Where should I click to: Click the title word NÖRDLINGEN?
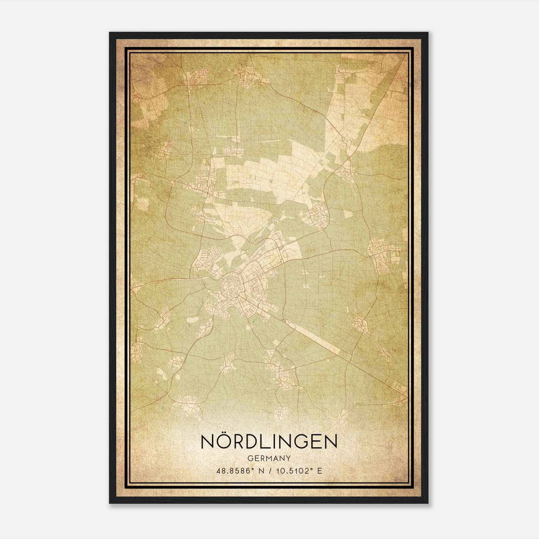pos(269,442)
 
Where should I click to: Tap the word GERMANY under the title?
pos(269,458)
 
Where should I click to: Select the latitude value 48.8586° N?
pos(239,471)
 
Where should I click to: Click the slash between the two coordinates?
pos(268,471)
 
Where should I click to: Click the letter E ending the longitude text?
pos(320,471)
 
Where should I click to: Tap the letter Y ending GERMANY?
pos(289,458)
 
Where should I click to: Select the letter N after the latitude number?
pos(260,471)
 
